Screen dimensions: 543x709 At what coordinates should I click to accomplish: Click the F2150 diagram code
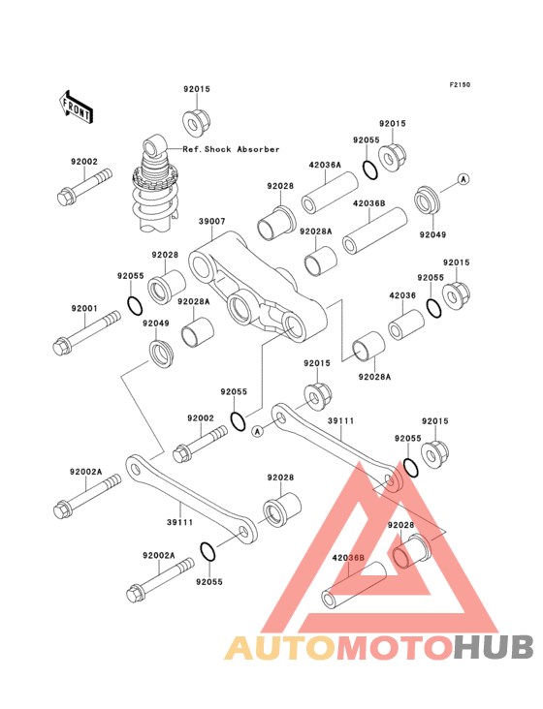[x=460, y=84]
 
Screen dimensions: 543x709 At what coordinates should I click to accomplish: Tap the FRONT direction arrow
[x=76, y=108]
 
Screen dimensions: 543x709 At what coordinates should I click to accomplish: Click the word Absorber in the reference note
[x=258, y=149]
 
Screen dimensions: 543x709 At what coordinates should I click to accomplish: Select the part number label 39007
[x=211, y=222]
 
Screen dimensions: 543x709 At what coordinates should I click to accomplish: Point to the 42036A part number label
[x=325, y=165]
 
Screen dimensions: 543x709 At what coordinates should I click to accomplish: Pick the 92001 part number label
[x=84, y=308]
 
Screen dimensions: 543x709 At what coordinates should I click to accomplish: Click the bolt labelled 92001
[x=86, y=333]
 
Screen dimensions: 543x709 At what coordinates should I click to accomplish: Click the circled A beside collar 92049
[x=463, y=179]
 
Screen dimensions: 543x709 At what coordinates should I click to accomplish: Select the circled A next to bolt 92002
[x=258, y=432]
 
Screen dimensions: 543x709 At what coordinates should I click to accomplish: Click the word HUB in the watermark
[x=495, y=647]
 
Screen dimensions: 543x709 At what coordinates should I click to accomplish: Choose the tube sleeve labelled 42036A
[x=330, y=193]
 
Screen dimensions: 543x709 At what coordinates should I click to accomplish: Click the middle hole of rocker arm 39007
[x=240, y=307]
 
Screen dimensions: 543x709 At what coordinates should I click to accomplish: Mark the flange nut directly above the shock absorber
[x=196, y=120]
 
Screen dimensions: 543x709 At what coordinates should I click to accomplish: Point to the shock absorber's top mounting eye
[x=154, y=144]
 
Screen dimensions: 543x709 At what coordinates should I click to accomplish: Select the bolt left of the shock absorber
[x=84, y=187]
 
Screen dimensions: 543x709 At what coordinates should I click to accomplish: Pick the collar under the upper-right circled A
[x=426, y=201]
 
